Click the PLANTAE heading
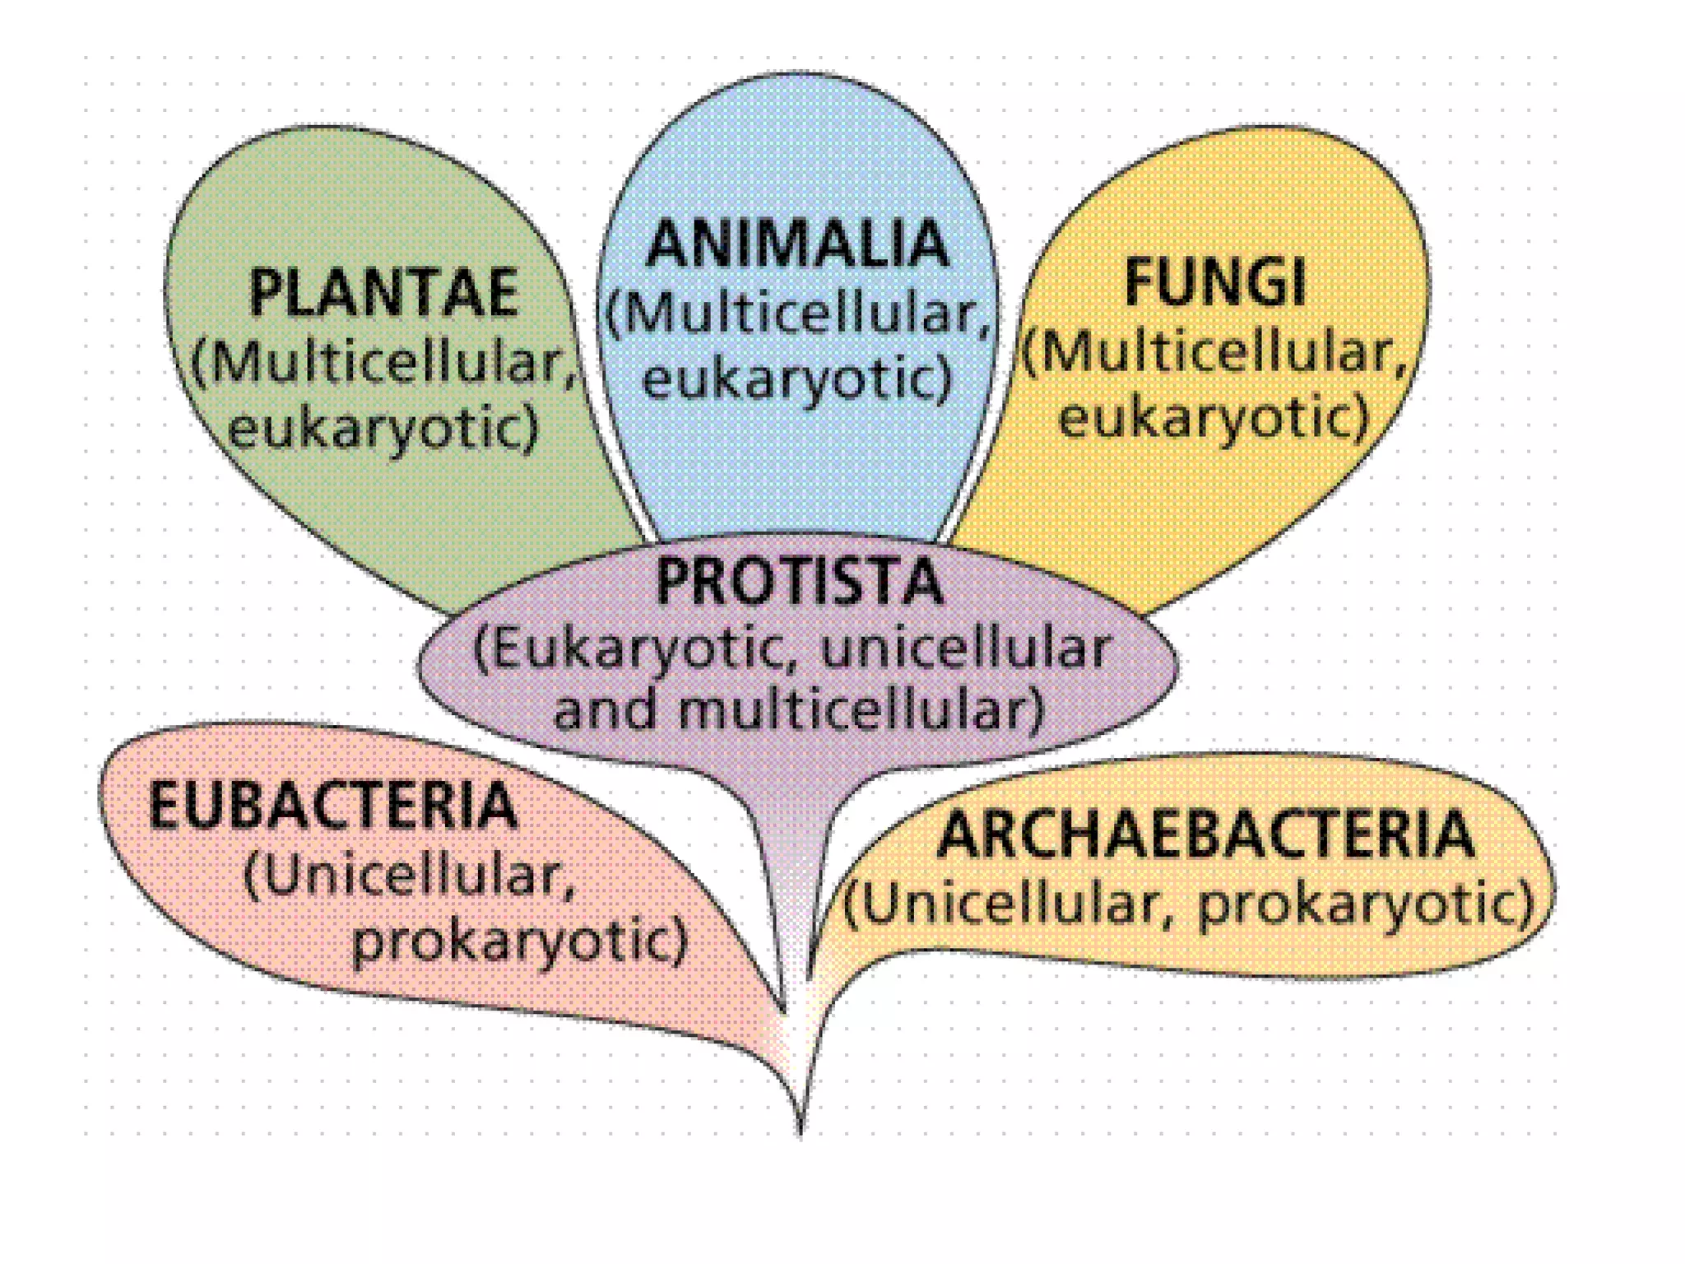click(x=383, y=292)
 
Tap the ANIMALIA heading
click(x=797, y=244)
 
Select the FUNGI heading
click(x=1214, y=283)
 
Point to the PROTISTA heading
click(x=799, y=582)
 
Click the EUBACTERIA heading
click(x=333, y=806)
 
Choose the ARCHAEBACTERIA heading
click(x=1205, y=834)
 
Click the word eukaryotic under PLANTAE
click(x=383, y=429)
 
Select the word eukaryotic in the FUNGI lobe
click(x=1213, y=417)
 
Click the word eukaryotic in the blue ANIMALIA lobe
click(x=796, y=379)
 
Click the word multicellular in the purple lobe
click(x=860, y=710)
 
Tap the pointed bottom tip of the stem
click(x=801, y=1136)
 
